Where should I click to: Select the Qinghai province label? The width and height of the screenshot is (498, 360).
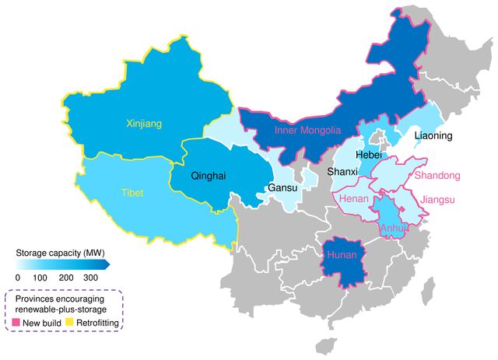208,176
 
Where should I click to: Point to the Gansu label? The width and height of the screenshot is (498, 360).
282,188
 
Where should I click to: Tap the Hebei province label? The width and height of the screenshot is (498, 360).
369,155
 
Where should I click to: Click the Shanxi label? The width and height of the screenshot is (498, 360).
342,171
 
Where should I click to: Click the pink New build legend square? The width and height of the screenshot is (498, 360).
16,321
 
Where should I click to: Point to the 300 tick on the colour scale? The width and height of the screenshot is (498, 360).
92,277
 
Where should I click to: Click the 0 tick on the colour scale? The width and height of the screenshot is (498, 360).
18,277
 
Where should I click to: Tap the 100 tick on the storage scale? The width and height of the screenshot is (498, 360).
41,277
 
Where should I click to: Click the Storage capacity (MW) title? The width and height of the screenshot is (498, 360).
60,253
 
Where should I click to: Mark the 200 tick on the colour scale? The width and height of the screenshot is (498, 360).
66,277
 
